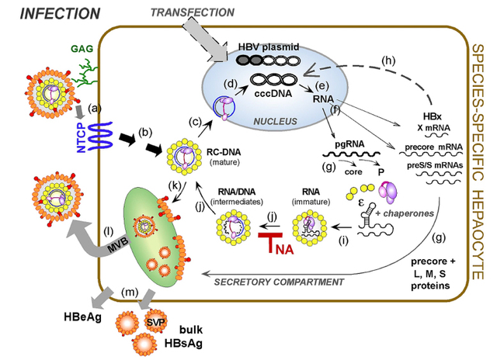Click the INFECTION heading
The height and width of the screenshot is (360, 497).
60,14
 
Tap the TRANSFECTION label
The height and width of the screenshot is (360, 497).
193,12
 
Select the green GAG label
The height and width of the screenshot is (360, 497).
82,49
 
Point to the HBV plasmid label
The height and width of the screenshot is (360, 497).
269,47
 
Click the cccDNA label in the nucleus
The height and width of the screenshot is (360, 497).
273,94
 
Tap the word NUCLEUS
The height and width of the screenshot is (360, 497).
275,121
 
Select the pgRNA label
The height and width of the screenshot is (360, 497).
349,144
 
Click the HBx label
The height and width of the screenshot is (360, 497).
432,116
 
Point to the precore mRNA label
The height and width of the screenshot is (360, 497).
433,147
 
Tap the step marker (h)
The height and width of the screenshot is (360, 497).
388,61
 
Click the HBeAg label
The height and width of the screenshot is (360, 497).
82,317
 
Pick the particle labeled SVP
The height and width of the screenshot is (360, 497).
155,321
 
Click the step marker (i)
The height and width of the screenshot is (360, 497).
343,241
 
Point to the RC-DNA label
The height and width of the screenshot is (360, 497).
224,152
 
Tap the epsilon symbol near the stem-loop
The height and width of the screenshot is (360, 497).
361,202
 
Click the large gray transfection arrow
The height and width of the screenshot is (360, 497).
206,40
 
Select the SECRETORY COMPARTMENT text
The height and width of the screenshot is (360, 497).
279,282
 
